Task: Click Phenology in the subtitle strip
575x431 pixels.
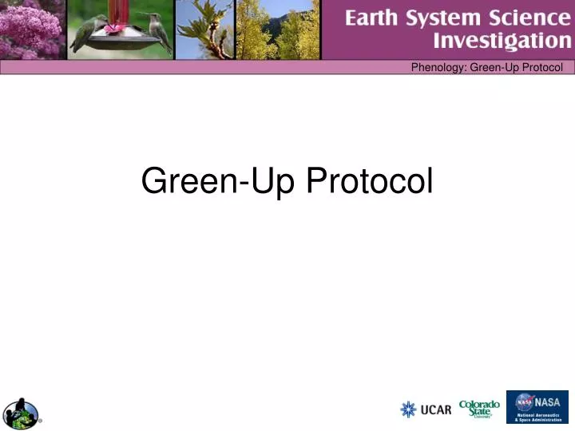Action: coord(438,67)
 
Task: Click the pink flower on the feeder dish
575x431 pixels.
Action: coord(117,29)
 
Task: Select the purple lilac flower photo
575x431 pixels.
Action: coord(32,30)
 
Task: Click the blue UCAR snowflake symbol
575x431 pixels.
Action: coord(408,409)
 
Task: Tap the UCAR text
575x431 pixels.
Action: coord(436,410)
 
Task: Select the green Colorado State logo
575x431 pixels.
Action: coord(479,407)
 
